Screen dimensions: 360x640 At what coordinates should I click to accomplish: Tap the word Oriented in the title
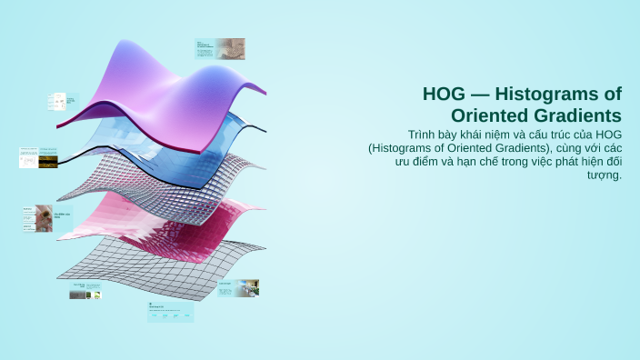pos(489,115)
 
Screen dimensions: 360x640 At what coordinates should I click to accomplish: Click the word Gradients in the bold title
pos(576,115)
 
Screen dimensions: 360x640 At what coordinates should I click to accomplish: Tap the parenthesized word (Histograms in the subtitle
pos(405,147)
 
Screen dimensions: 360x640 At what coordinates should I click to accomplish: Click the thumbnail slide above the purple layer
pos(220,48)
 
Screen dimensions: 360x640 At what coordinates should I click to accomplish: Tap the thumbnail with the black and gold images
pos(38,157)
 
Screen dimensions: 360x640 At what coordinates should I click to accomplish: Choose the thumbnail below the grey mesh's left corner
pos(85,291)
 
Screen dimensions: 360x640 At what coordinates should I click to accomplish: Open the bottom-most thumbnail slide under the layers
pos(170,312)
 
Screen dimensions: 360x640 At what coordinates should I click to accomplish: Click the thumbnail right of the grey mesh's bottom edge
pos(237,288)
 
